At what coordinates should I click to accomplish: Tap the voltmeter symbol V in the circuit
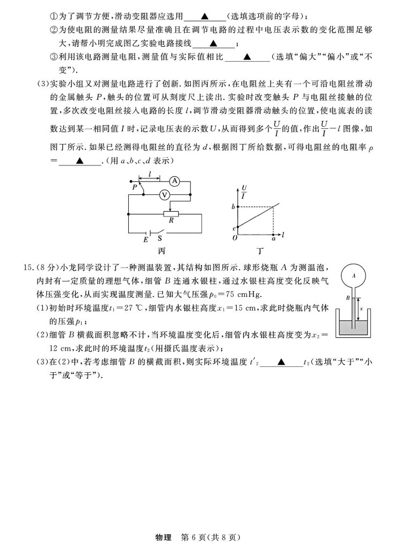[166, 196]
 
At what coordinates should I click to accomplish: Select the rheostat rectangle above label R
[171, 213]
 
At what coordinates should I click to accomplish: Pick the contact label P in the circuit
[134, 187]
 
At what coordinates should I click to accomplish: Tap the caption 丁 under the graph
[260, 250]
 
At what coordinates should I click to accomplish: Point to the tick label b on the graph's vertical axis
[233, 207]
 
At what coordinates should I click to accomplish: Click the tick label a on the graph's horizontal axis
[273, 239]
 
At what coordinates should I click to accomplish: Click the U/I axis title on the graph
[244, 191]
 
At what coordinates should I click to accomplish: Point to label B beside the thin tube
[347, 296]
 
